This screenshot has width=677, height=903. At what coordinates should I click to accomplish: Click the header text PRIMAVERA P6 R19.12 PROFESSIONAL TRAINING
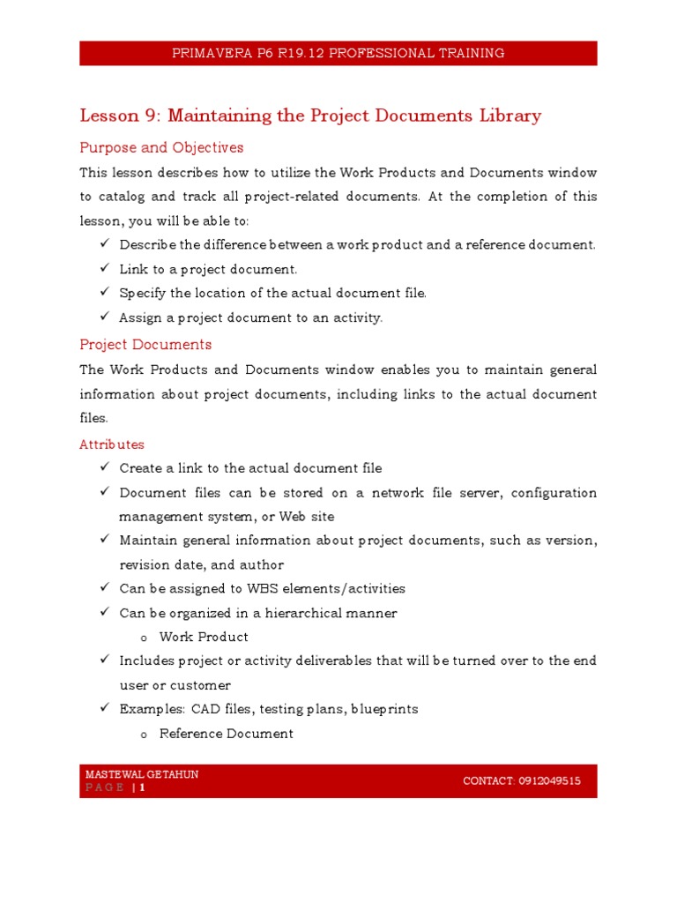click(x=338, y=53)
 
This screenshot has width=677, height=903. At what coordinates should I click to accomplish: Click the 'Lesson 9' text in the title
click(x=109, y=116)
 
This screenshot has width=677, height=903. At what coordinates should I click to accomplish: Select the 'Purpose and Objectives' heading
click(x=161, y=147)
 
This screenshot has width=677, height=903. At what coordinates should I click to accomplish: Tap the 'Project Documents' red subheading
click(x=145, y=344)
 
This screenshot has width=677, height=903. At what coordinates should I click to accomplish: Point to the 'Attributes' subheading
click(x=112, y=444)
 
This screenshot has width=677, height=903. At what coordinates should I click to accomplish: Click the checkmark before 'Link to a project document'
click(x=103, y=269)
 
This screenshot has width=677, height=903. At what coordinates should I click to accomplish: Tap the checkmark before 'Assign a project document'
click(x=103, y=317)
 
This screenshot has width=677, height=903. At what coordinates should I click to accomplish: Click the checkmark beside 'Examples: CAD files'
click(x=103, y=708)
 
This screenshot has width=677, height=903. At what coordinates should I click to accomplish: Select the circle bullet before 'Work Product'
click(x=144, y=638)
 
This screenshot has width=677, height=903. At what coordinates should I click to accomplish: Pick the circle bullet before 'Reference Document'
click(x=144, y=735)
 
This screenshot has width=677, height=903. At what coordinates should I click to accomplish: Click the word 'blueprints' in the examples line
click(x=384, y=709)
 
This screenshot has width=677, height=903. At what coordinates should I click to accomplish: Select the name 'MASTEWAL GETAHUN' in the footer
click(x=142, y=774)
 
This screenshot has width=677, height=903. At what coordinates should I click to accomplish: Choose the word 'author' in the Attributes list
click(x=262, y=564)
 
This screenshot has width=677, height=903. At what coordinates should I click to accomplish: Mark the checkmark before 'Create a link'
click(x=103, y=467)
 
